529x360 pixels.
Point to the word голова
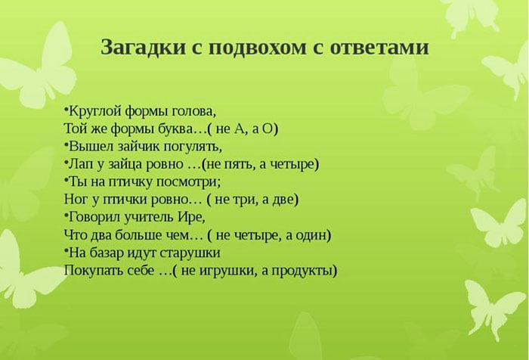pos(193,110)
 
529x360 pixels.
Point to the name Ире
pos(192,216)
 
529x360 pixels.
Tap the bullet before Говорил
pos(67,216)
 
